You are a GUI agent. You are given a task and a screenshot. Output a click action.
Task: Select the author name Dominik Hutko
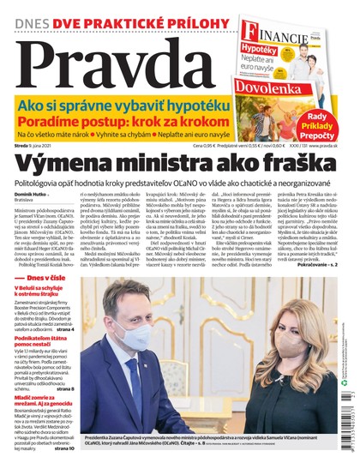click(x=32, y=197)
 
